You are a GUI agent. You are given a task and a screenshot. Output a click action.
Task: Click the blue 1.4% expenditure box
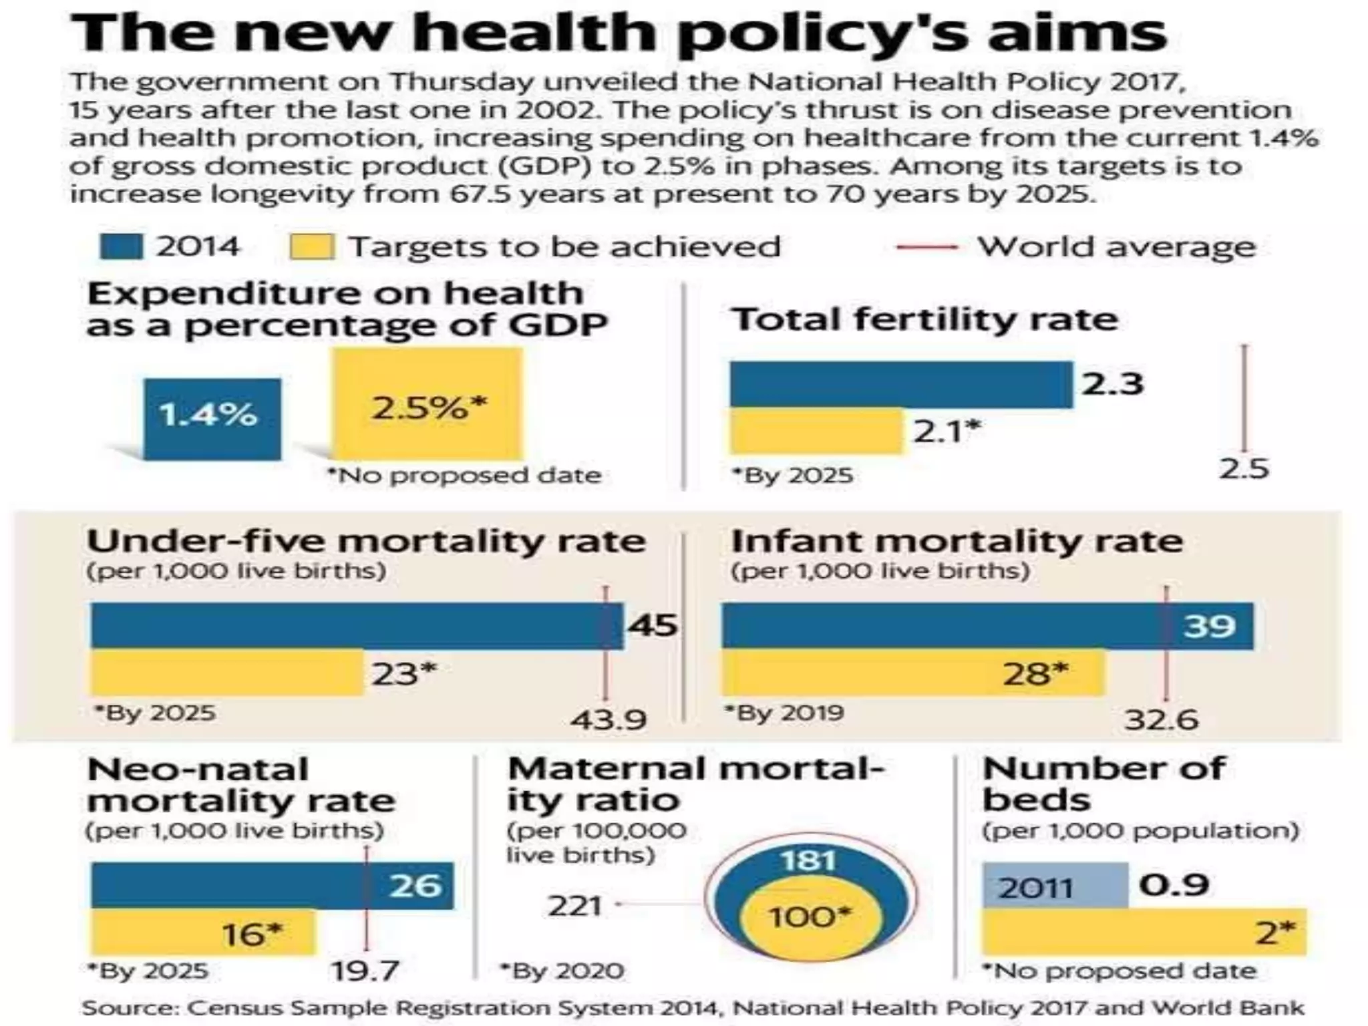[x=212, y=419]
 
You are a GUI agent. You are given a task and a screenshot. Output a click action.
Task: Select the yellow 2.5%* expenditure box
[x=428, y=404]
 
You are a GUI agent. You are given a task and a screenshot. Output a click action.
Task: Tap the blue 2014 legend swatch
[x=120, y=246]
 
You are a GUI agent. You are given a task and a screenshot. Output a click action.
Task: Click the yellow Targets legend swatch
[x=311, y=246]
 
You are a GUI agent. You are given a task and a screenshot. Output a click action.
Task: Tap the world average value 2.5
[x=1243, y=469]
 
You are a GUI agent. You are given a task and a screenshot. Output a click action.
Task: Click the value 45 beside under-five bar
[x=652, y=626]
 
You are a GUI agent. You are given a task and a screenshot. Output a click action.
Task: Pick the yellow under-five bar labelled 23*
[x=227, y=673]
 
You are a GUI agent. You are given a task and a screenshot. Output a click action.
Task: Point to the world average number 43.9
[x=608, y=720]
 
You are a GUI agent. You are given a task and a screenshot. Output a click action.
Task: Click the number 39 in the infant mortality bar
[x=1210, y=626]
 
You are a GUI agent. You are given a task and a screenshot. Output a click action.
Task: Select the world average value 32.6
[x=1161, y=720]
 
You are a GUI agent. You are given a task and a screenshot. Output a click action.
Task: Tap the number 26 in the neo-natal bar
[x=415, y=886]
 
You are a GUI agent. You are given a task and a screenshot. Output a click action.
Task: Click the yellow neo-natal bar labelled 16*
[x=202, y=933]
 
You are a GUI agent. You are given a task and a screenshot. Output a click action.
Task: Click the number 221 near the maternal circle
[x=574, y=906]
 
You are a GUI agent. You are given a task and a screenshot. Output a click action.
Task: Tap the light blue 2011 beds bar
[x=1054, y=886]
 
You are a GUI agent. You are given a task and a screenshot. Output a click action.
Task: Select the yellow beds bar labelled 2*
[x=1143, y=932]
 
